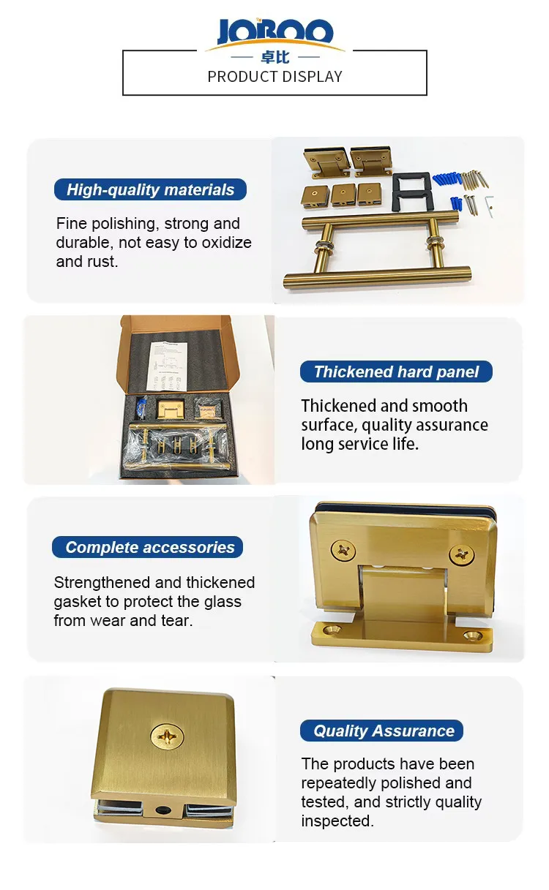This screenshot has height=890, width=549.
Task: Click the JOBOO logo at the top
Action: [x=274, y=33]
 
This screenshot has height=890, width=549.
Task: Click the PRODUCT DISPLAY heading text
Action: [x=274, y=76]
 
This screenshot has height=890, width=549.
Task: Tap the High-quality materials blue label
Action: [x=150, y=190]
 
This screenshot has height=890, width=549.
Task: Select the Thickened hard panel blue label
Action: [x=396, y=372]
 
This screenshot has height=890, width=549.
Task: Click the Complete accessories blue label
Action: [x=150, y=547]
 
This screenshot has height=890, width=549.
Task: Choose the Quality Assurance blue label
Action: [x=384, y=731]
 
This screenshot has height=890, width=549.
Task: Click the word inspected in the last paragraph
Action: [x=337, y=821]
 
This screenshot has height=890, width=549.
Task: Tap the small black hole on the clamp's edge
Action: [x=160, y=811]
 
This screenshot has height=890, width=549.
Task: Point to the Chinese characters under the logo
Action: [x=274, y=57]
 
